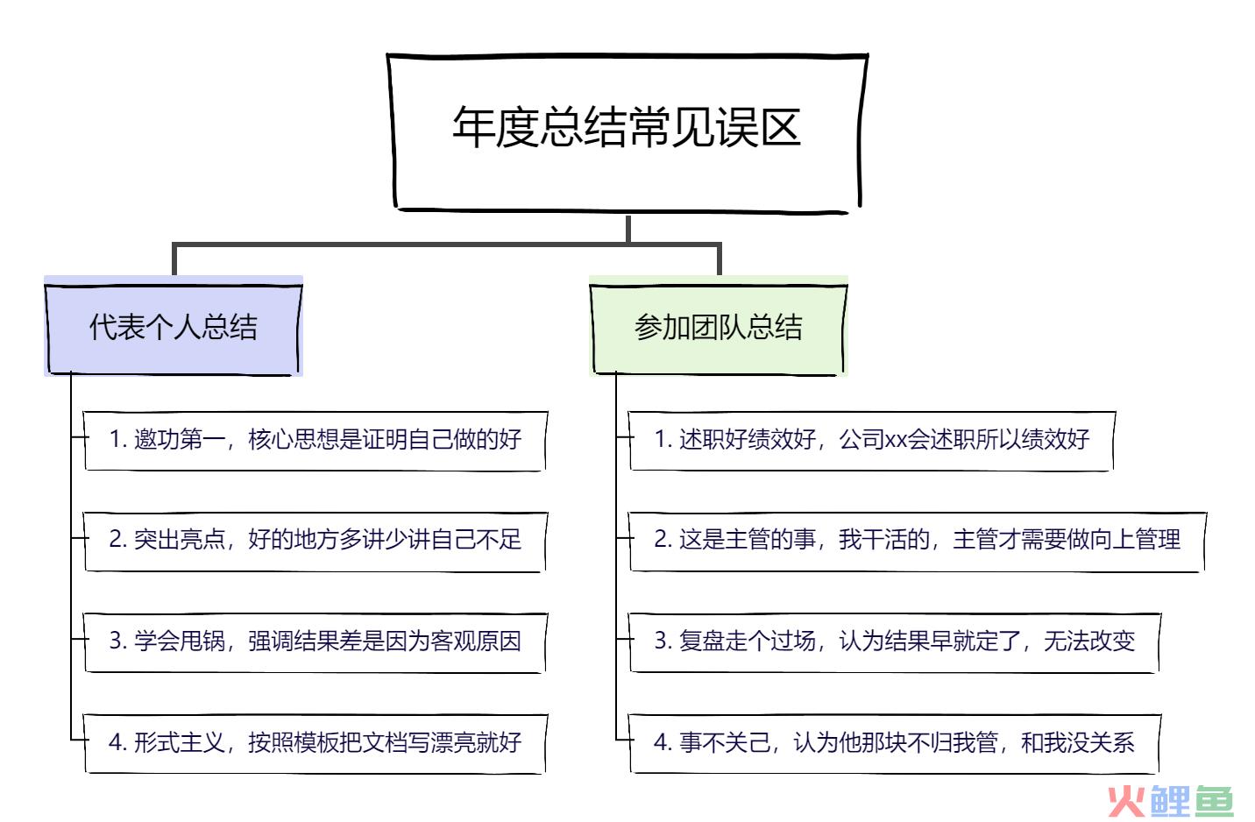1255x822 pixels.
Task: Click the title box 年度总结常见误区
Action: [x=627, y=133]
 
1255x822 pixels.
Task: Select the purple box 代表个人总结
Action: [x=174, y=327]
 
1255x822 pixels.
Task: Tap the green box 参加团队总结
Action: [x=719, y=327]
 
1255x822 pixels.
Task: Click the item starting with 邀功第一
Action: [x=315, y=441]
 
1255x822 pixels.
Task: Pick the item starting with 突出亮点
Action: [x=315, y=541]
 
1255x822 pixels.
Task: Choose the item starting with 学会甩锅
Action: [x=315, y=642]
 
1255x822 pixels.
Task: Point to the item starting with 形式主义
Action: [x=315, y=743]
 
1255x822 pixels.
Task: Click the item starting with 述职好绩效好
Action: [x=872, y=441]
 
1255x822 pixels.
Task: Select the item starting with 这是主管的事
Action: [x=918, y=541]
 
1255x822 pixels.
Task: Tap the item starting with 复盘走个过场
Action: [x=894, y=642]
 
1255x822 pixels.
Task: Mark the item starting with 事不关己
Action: [x=894, y=743]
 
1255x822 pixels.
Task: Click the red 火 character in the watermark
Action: [x=1125, y=801]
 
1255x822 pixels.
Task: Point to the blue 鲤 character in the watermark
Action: [x=1170, y=801]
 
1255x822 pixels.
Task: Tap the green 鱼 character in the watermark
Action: [x=1215, y=801]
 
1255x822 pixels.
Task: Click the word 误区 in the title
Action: [x=759, y=127]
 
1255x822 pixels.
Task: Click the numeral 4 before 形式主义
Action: [x=116, y=742]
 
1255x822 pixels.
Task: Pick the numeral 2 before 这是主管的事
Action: [x=661, y=540]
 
